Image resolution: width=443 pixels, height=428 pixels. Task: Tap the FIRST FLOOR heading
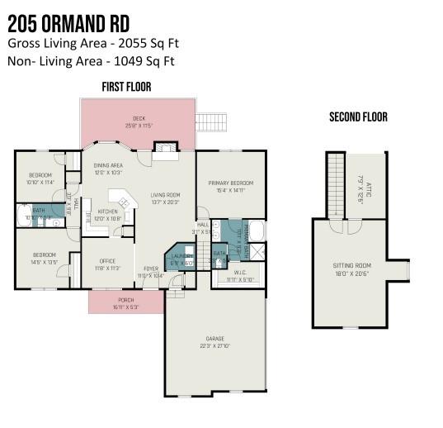126,87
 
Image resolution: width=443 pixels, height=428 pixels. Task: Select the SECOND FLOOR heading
358,117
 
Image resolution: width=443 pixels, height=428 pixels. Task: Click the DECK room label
139,118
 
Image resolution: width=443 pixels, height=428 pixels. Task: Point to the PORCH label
126,300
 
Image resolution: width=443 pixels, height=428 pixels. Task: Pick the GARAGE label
214,339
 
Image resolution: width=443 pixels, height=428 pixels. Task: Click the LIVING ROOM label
165,195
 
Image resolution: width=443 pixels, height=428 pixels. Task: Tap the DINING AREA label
108,165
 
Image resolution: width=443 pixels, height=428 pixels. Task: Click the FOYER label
151,269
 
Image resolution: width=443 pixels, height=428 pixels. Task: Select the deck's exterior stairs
209,120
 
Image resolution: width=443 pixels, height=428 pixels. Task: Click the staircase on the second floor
335,186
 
